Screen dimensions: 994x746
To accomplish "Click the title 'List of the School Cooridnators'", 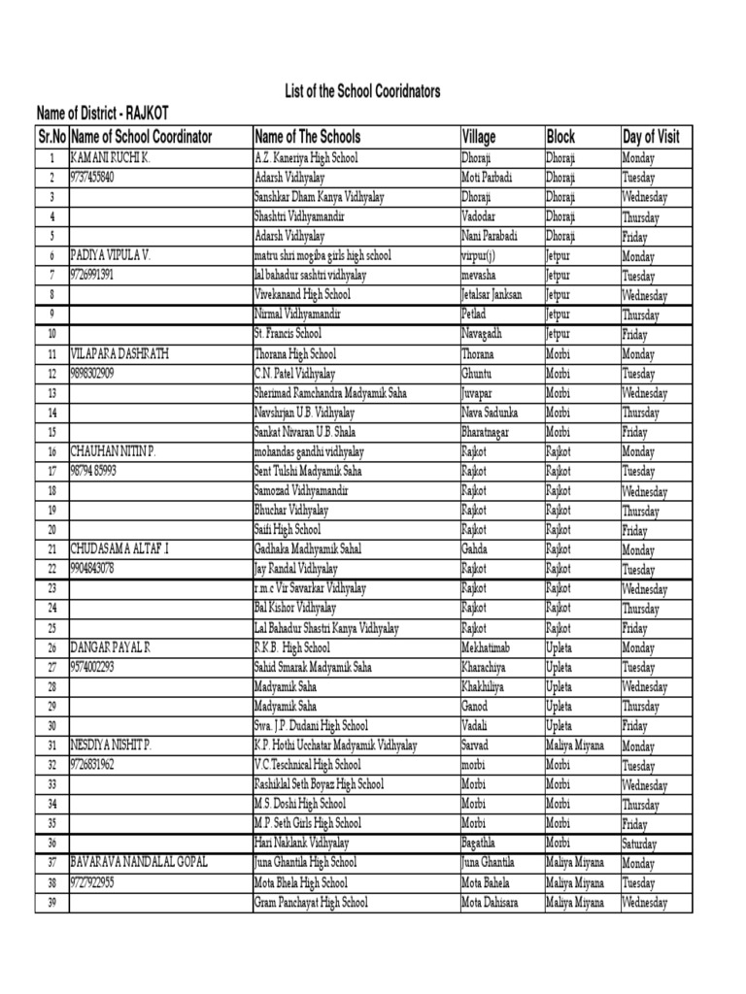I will click(x=361, y=91).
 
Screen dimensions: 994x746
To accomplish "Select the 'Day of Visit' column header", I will click(x=650, y=137).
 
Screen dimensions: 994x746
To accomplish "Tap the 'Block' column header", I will click(x=561, y=137).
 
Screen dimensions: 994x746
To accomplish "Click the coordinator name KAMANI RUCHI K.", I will click(x=109, y=157).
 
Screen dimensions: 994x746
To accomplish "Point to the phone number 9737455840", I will click(x=92, y=178).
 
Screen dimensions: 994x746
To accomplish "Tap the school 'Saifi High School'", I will click(x=288, y=530).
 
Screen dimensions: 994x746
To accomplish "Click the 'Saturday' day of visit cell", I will click(x=642, y=844).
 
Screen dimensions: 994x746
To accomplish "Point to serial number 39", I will click(x=51, y=903).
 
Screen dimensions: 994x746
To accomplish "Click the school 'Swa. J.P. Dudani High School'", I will click(x=311, y=726).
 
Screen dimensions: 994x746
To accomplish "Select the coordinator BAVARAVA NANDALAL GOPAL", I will click(x=139, y=863).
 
